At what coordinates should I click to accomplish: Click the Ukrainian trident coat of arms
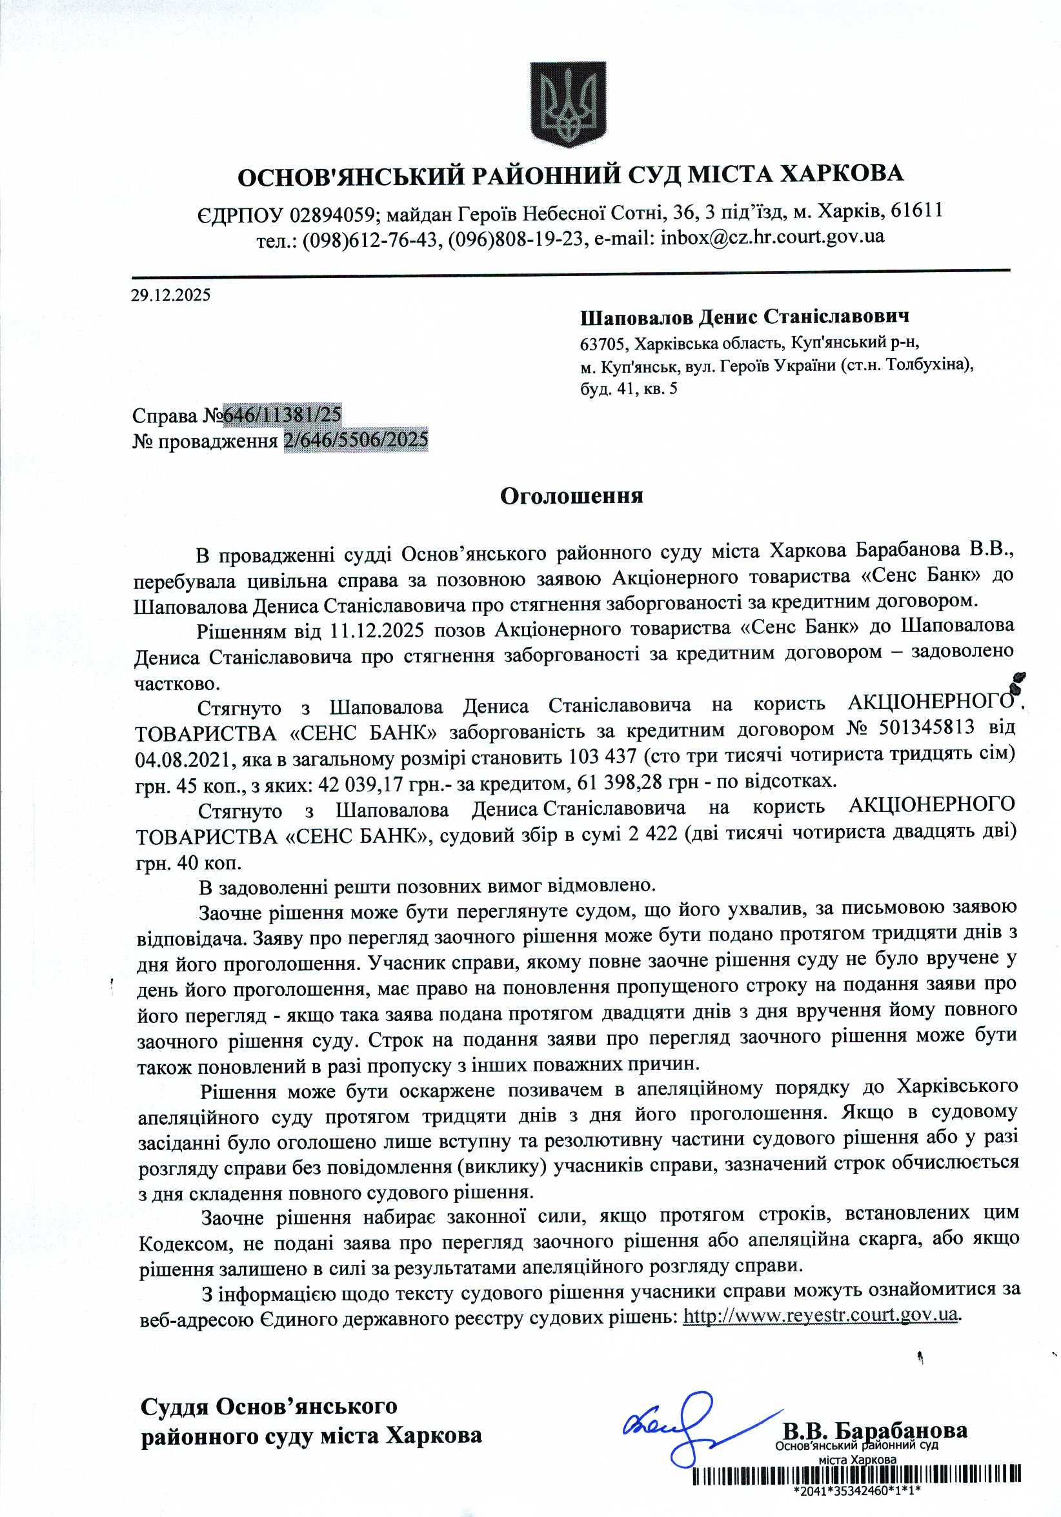pos(568,105)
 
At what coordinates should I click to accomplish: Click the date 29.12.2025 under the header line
pos(170,295)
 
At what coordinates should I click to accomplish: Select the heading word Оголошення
pos(571,496)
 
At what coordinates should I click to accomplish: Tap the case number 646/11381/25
pos(282,414)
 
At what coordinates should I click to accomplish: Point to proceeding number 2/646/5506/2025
pos(356,440)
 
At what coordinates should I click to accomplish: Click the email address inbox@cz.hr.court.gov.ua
pos(771,237)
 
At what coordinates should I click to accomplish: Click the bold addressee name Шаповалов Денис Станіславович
pos(744,317)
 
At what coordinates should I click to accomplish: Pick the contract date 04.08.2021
pos(183,759)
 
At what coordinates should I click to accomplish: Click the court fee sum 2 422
pos(653,835)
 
